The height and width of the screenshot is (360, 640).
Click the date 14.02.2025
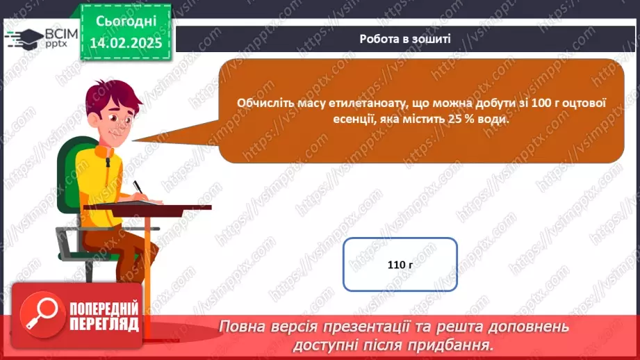(125, 43)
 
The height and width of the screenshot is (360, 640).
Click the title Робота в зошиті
(404, 39)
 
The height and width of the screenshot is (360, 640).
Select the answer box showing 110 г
(400, 265)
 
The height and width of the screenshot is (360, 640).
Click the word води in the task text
(493, 120)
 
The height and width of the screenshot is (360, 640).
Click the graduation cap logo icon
(23, 37)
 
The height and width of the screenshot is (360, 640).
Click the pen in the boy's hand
(138, 188)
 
